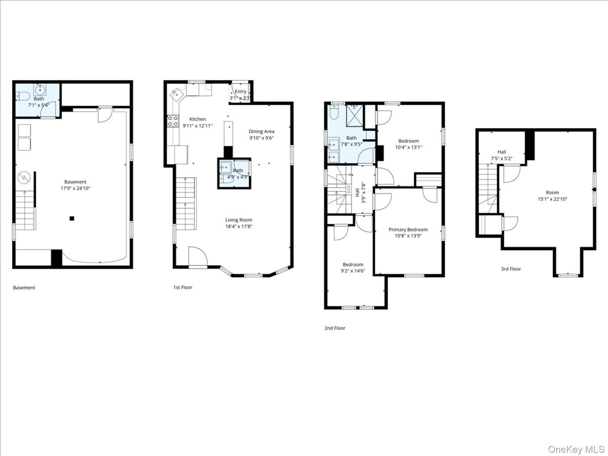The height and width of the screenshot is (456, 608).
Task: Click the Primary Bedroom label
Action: [408, 229]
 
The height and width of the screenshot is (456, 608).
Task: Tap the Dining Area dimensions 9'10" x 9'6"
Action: [261, 138]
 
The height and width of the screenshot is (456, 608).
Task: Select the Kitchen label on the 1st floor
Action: [198, 119]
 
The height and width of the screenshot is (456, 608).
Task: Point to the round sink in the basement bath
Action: [40, 89]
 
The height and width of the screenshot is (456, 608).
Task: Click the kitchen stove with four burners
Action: [173, 121]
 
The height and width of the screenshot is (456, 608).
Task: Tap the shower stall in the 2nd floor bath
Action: [355, 116]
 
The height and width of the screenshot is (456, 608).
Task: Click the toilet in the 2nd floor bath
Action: [334, 113]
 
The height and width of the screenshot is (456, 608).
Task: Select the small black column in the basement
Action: [72, 218]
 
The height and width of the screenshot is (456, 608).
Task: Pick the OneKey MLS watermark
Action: [576, 449]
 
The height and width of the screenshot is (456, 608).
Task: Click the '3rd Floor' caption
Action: [511, 269]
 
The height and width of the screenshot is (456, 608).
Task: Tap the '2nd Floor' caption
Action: [335, 328]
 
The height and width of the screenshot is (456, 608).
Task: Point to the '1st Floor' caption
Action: [183, 287]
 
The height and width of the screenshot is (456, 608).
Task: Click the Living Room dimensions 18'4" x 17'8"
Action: [239, 227]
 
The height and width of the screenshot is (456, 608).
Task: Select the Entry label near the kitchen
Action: [240, 91]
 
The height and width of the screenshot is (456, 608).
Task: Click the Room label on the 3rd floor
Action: [552, 192]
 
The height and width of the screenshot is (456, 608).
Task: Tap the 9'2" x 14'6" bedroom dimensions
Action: [353, 271]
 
